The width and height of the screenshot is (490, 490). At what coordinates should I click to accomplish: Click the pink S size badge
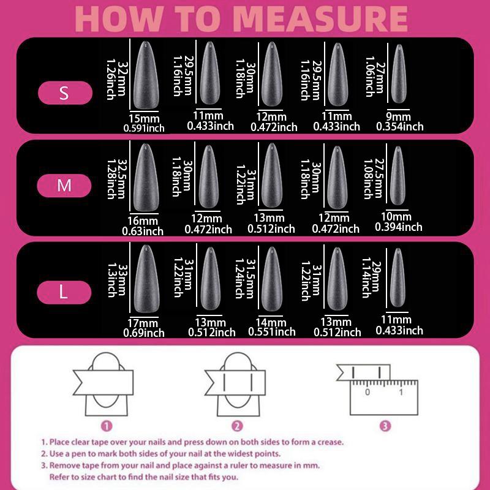click(65, 93)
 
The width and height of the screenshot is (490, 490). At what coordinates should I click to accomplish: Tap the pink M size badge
click(64, 186)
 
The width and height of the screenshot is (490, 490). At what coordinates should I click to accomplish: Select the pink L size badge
click(64, 292)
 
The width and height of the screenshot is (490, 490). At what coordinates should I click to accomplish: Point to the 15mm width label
click(144, 118)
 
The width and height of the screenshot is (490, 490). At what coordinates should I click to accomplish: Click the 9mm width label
click(398, 116)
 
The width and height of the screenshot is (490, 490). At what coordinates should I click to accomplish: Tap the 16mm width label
click(143, 221)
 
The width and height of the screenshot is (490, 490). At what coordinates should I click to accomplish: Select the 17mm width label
click(143, 323)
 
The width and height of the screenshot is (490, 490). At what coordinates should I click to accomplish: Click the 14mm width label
click(271, 322)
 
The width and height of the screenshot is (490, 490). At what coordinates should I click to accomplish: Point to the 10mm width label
click(396, 216)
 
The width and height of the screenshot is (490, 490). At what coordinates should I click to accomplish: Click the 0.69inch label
click(144, 333)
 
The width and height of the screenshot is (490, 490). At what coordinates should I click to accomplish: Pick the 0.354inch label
click(400, 127)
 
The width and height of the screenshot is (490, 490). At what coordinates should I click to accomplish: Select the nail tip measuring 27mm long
click(399, 73)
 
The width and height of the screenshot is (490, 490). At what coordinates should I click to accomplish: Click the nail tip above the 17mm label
click(146, 279)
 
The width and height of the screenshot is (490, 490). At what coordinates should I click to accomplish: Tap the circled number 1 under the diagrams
click(107, 426)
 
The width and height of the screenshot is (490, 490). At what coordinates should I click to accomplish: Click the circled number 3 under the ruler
click(385, 426)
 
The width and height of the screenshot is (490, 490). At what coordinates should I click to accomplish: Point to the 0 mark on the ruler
click(367, 392)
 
